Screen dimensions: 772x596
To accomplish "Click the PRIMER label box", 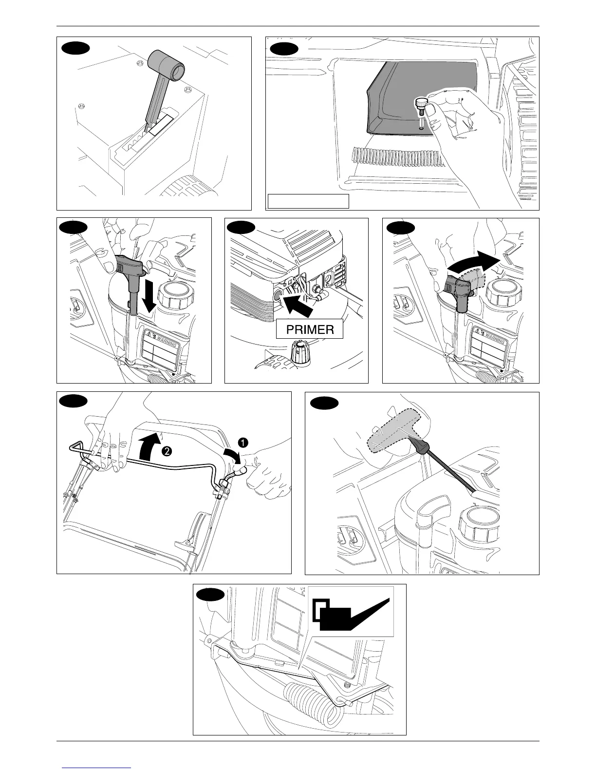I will point(310,329).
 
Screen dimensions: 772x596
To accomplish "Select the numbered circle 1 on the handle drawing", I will point(242,442).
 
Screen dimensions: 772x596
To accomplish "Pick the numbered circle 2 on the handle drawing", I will point(166,452).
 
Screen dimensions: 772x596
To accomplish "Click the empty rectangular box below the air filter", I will point(309,201).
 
